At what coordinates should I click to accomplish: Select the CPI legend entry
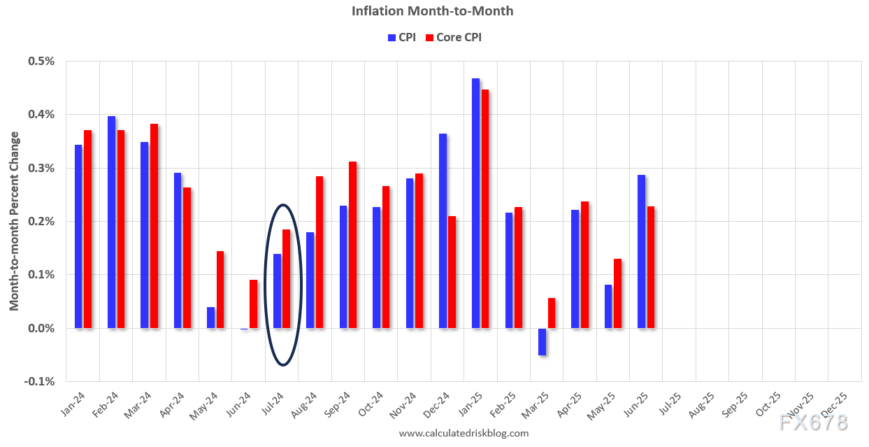[401, 37]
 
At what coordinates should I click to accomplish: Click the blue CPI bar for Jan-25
[476, 203]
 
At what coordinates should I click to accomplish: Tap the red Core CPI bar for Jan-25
[485, 208]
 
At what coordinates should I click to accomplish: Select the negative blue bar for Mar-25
[542, 341]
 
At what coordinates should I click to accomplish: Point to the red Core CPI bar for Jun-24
[253, 304]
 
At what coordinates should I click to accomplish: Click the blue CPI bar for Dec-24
[443, 230]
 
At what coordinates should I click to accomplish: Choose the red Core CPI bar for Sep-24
[352, 245]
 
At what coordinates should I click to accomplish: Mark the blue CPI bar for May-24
[210, 318]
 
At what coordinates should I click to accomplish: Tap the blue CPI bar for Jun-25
[642, 251]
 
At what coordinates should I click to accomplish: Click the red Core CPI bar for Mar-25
[552, 313]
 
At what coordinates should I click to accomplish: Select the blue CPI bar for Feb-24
[112, 222]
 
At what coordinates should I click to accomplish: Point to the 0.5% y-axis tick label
[41, 61]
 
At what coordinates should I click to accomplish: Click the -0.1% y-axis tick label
[40, 381]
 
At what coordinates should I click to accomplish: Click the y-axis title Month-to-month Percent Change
[15, 221]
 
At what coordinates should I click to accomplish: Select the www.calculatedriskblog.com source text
[464, 434]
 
